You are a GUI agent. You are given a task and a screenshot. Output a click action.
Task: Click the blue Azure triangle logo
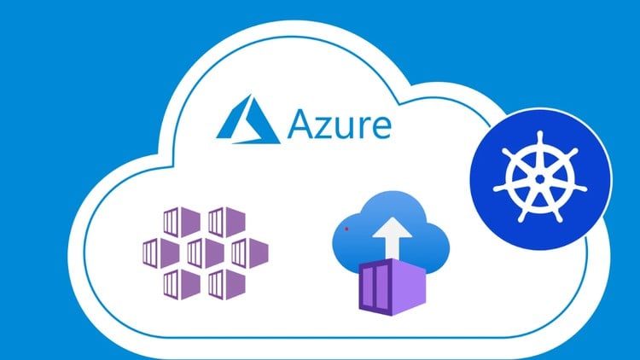(x=247, y=119)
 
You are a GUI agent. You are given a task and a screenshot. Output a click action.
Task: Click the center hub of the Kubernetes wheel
(x=539, y=179)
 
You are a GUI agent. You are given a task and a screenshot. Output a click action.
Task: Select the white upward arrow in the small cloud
(x=393, y=237)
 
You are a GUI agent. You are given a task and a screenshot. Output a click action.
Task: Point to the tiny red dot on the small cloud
(x=346, y=229)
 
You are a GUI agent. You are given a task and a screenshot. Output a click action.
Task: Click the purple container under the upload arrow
(x=393, y=287)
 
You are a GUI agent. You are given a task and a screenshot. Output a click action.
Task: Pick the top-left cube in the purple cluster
(x=182, y=222)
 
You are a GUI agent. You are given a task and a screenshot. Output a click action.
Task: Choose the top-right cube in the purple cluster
(x=226, y=222)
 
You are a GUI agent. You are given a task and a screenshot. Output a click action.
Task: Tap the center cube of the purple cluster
(x=206, y=253)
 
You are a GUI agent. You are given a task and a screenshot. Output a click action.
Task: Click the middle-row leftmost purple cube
(x=160, y=253)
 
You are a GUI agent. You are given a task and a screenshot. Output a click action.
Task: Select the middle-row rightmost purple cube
(x=250, y=253)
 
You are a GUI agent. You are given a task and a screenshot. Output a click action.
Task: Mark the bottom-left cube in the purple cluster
(x=182, y=284)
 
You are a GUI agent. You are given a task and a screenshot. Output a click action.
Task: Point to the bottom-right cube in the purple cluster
(x=226, y=284)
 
